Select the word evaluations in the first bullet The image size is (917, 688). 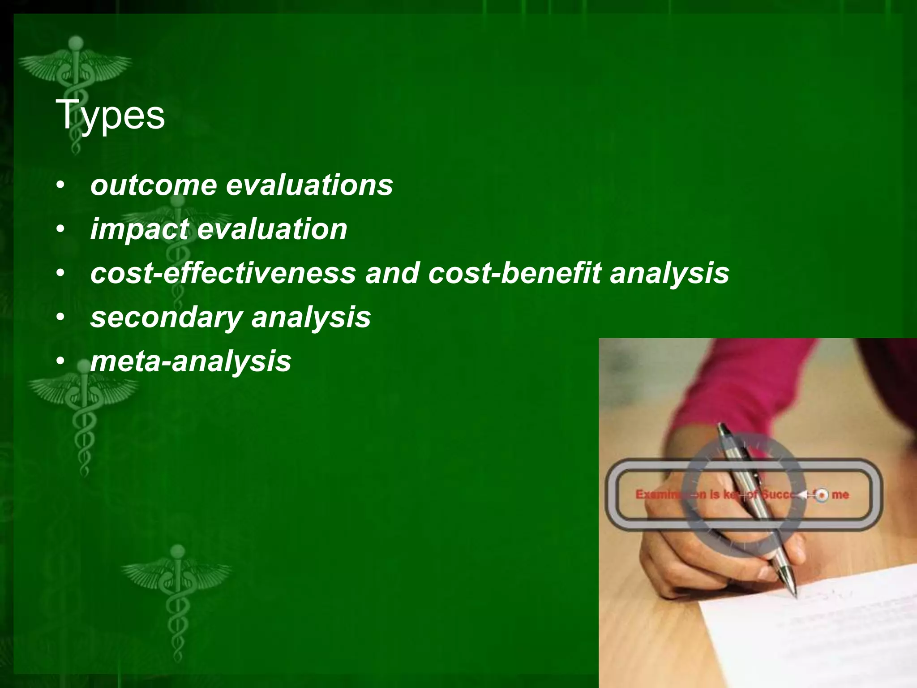pos(309,185)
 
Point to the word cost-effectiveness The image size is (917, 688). pos(223,273)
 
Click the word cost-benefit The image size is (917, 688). pos(514,273)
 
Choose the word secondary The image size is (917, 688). pos(166,317)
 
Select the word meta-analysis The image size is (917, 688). pos(191,361)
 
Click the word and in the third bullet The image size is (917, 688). pos(391,273)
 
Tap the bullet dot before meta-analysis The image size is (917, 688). pos(61,361)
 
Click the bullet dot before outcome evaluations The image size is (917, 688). pos(61,185)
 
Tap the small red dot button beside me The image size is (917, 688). pos(821,495)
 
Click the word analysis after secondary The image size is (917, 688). pos(311,317)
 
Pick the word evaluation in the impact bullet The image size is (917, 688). pos(272,229)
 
